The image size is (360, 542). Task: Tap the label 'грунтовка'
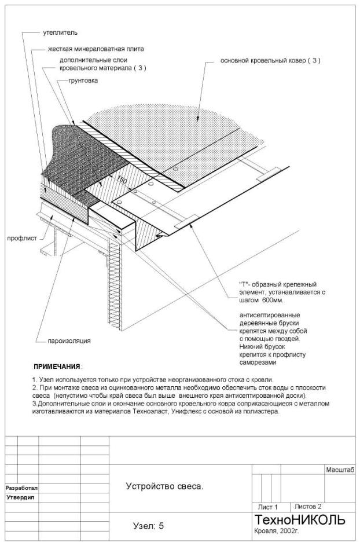83,80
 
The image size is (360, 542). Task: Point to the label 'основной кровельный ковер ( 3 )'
270,60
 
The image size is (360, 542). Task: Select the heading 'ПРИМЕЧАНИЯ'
57,367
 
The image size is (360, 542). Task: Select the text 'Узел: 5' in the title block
149,526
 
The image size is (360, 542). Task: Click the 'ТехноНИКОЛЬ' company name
300,519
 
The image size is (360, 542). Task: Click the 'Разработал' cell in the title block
21,488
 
